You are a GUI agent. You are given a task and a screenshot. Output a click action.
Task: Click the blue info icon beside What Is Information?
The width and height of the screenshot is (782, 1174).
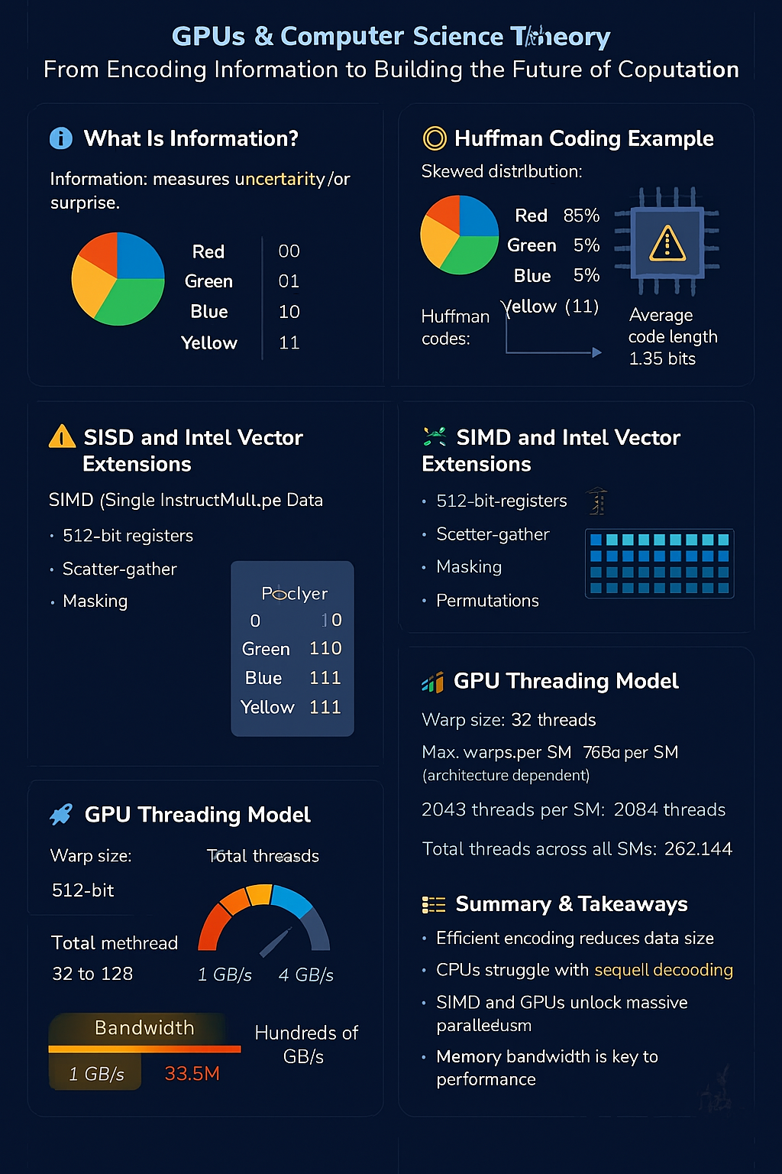(x=61, y=138)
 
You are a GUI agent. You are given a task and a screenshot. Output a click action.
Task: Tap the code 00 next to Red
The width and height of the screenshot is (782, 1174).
(x=289, y=251)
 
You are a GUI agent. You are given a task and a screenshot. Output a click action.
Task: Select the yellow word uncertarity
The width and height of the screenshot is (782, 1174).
(x=280, y=179)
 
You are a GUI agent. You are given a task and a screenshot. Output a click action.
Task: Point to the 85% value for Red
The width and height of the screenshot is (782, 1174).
(x=581, y=216)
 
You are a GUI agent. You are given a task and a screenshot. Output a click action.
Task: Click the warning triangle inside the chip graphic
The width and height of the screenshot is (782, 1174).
(x=667, y=244)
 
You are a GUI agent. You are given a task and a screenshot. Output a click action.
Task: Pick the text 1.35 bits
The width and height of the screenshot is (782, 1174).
(x=662, y=358)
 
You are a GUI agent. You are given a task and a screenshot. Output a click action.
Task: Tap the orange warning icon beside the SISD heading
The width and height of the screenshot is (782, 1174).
(x=62, y=437)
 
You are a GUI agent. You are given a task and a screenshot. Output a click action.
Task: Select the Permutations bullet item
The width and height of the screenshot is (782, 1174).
(x=487, y=601)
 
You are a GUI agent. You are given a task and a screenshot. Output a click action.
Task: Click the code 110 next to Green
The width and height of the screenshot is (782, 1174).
(x=325, y=648)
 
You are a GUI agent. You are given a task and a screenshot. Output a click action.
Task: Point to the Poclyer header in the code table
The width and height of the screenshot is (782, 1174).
(x=294, y=593)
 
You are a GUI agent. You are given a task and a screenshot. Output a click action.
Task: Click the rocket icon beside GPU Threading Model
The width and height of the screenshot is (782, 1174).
(x=61, y=815)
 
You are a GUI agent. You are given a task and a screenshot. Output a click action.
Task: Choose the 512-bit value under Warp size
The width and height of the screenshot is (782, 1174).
(x=83, y=890)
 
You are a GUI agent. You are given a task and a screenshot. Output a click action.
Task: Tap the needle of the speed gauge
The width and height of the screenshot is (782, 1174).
(x=276, y=942)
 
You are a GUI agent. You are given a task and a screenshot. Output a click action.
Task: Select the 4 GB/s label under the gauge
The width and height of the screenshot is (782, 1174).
(x=305, y=975)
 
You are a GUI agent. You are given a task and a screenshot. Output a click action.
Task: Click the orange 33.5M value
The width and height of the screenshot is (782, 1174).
(x=192, y=1074)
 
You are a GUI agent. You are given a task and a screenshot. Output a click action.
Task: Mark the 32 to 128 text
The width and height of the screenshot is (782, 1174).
(x=92, y=974)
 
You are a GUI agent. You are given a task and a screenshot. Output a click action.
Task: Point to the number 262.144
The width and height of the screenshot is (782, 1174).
(x=698, y=849)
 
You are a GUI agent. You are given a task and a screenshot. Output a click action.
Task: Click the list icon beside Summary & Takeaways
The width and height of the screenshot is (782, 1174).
(x=434, y=905)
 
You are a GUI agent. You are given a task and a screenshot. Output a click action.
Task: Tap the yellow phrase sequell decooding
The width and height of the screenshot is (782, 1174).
(x=663, y=970)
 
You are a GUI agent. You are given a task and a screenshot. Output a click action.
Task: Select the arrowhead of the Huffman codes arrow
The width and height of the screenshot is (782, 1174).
(x=597, y=352)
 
